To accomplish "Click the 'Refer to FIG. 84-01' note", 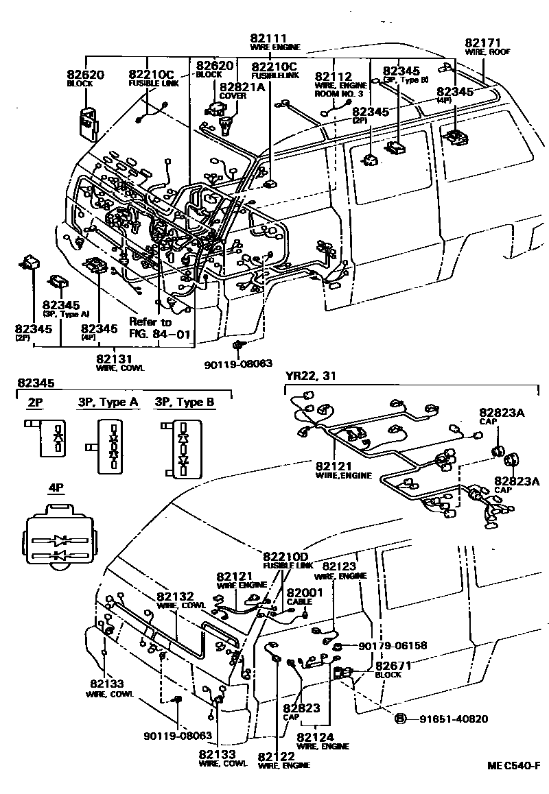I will point(152,328).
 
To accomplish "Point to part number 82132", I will point(175,597).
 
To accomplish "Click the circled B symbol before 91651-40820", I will point(399,719).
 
